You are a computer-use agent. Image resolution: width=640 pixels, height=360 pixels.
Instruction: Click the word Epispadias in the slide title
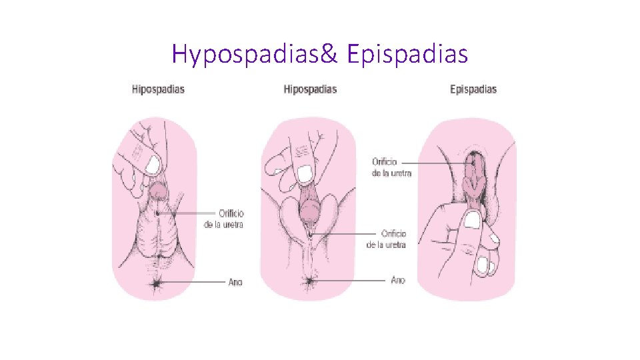pos(407,54)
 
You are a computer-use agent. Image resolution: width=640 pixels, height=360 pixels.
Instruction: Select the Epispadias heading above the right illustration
pos(473,89)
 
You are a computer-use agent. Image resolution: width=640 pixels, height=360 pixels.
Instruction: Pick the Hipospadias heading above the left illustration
pos(158,89)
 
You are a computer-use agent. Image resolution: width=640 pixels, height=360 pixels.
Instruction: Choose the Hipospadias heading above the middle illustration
pos(310,89)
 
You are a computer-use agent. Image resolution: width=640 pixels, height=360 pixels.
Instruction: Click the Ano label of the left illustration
pos(235,282)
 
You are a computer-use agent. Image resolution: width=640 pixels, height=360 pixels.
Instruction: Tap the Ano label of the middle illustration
pos(398,280)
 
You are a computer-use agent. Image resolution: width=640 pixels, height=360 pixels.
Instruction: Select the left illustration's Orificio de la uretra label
pos(223,219)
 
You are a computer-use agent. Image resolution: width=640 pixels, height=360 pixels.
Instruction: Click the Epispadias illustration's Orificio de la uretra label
pos(391,167)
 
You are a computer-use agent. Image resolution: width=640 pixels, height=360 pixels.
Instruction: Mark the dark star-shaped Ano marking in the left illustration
pos(158,283)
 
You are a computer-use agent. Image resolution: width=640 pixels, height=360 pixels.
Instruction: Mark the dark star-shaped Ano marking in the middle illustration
pos(309,281)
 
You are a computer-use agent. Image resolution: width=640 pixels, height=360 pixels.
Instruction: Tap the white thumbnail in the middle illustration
pos(305,174)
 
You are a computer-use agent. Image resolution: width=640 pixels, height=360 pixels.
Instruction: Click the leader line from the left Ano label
pos(193,282)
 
